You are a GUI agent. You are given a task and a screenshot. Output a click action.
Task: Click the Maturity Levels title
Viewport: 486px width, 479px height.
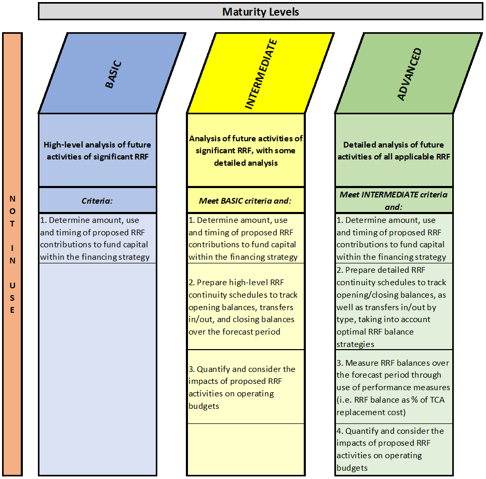click(x=260, y=12)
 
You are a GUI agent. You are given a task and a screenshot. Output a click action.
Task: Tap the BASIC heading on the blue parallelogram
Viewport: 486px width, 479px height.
click(x=113, y=74)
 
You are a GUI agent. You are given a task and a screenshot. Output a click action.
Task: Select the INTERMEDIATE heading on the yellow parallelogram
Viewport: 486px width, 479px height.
click(x=261, y=74)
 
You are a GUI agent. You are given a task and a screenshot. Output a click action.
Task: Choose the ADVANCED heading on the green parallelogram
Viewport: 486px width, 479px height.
click(x=410, y=74)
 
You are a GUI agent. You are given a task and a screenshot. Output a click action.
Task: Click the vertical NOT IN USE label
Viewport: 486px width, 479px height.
click(x=12, y=254)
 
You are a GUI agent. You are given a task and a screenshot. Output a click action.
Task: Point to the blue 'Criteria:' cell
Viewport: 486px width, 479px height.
click(x=97, y=201)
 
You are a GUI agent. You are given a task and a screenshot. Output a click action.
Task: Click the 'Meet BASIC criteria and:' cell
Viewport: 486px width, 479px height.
click(x=246, y=201)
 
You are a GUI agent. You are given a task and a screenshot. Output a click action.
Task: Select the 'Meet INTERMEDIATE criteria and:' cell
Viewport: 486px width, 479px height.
click(x=394, y=201)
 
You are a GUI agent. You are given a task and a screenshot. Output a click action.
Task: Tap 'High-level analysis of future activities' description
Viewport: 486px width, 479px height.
click(x=97, y=150)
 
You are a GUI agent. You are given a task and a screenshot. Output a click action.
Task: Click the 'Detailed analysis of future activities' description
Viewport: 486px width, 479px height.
click(x=394, y=150)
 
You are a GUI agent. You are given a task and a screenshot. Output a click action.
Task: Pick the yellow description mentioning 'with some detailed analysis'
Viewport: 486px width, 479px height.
click(x=246, y=150)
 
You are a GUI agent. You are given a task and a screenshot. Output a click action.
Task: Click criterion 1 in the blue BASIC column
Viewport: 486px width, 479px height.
click(x=95, y=238)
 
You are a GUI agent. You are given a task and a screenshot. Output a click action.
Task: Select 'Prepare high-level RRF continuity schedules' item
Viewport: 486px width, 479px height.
click(x=243, y=307)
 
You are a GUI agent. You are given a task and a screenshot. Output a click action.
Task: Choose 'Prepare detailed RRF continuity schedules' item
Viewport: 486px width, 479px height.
click(x=391, y=307)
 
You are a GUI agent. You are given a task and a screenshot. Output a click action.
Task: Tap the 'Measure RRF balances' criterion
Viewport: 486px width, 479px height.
click(x=393, y=387)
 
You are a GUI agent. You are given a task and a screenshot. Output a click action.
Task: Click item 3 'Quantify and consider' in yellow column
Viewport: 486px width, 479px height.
click(x=242, y=387)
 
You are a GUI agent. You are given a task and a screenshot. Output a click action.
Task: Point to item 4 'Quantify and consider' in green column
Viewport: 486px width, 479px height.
click(x=390, y=449)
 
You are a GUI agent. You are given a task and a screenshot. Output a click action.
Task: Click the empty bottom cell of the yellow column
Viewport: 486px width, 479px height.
click(x=246, y=449)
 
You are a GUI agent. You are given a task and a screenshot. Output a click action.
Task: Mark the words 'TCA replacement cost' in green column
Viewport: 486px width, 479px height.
click(x=390, y=406)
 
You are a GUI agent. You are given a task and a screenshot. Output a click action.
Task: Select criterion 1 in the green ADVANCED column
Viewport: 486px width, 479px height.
click(x=391, y=238)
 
